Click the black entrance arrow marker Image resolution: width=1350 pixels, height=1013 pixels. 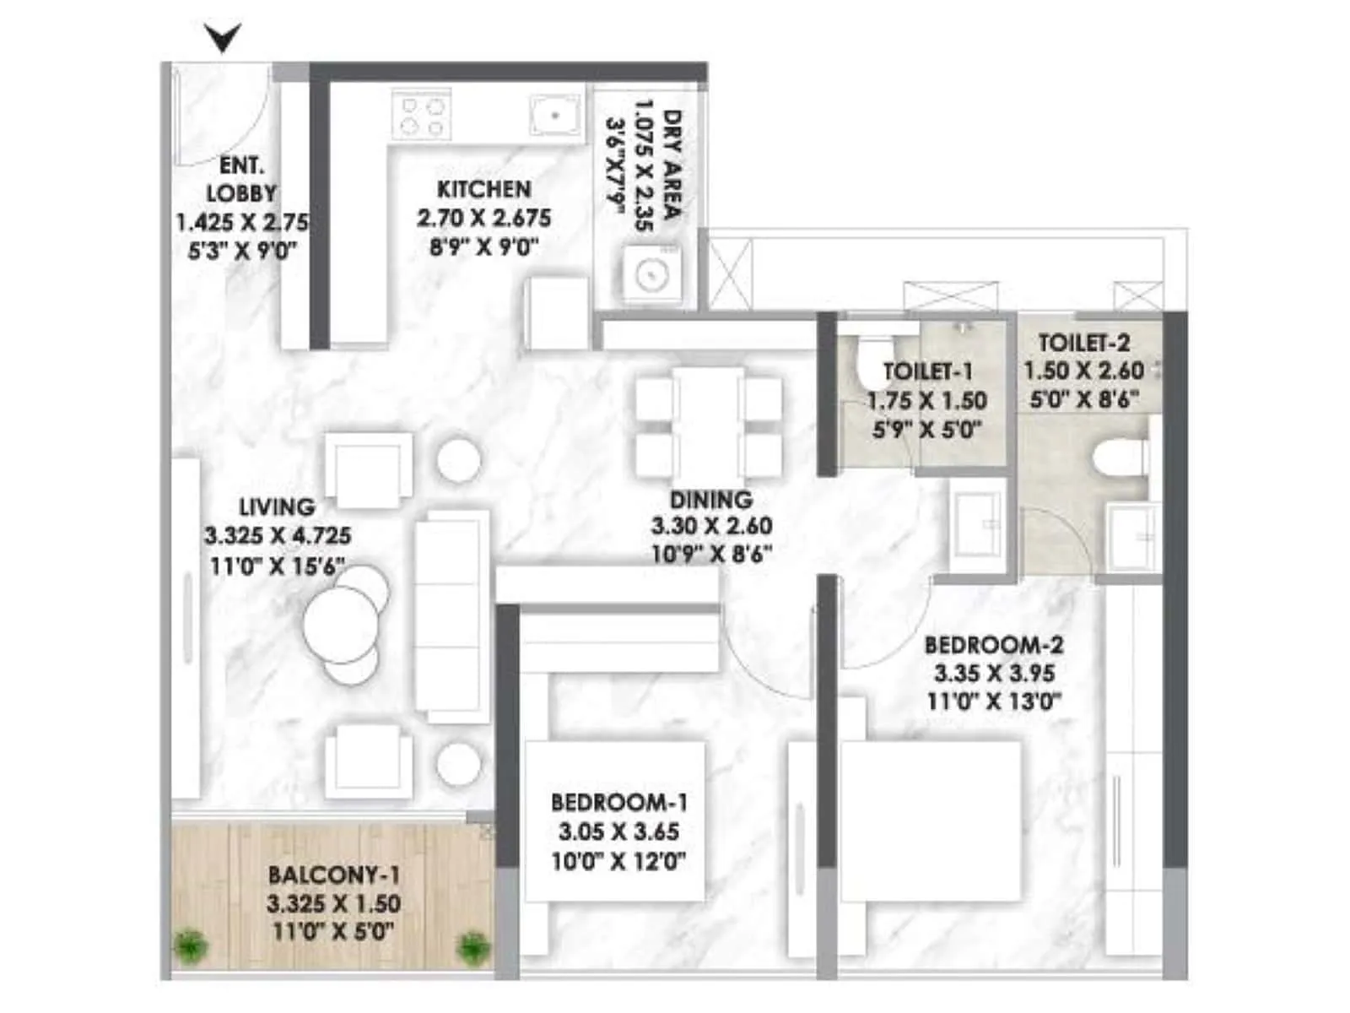[x=223, y=38]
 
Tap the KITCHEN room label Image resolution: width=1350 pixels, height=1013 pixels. [x=483, y=189]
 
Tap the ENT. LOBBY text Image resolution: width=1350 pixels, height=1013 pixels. [x=241, y=179]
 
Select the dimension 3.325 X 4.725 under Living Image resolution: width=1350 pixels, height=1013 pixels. [x=278, y=536]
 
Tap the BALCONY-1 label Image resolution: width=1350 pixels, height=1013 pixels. [x=333, y=875]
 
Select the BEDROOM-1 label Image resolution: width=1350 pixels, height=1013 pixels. [x=618, y=802]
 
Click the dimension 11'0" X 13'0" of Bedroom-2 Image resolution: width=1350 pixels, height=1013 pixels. [x=993, y=702]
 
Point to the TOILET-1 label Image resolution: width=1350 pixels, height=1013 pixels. [x=927, y=371]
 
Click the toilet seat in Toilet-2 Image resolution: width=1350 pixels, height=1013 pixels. [x=1120, y=462]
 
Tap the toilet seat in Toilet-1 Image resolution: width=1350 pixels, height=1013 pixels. [x=868, y=361]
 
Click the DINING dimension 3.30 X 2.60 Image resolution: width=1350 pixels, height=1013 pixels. [x=711, y=526]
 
